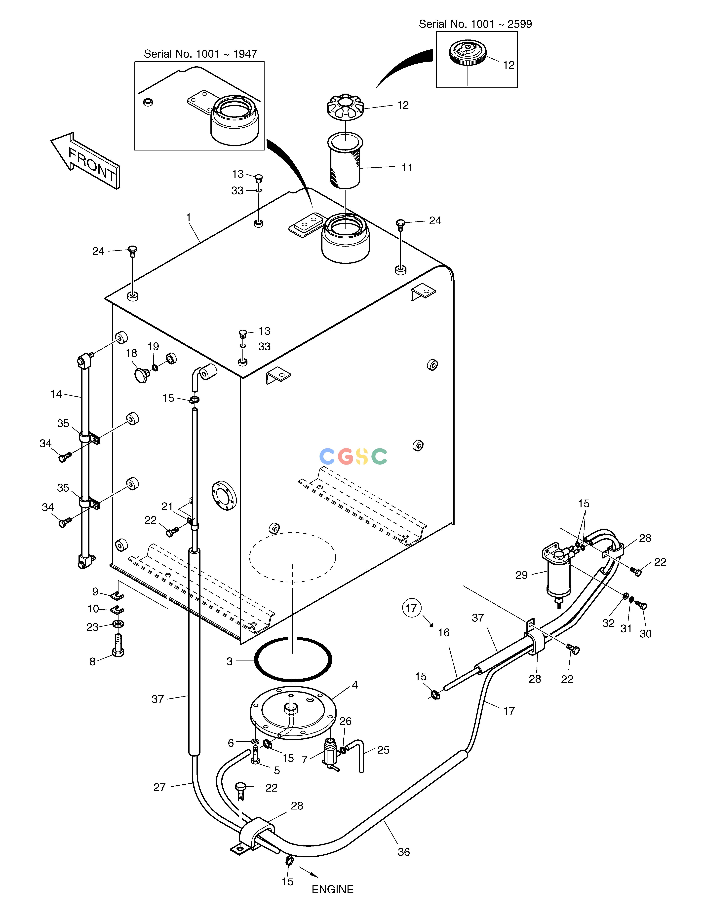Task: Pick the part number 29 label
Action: (x=522, y=575)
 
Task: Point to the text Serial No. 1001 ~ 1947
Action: (x=200, y=54)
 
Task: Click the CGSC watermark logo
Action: (x=353, y=457)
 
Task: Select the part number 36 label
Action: (x=404, y=852)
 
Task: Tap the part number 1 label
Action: (x=189, y=217)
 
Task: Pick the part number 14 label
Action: (x=56, y=394)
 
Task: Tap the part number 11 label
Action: (x=407, y=167)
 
